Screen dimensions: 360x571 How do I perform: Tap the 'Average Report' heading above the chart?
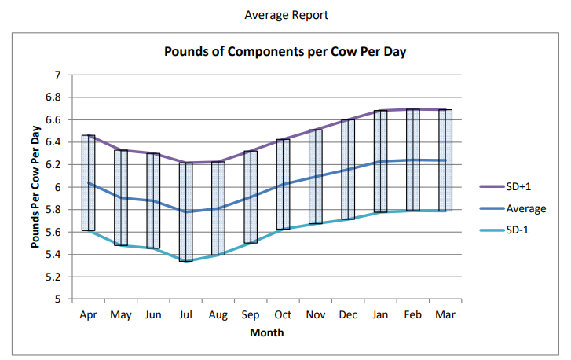(x=286, y=15)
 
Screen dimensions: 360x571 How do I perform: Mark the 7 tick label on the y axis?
(x=57, y=75)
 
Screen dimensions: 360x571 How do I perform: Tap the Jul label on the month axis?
(x=185, y=314)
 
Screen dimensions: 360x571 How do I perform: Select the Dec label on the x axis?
(x=348, y=314)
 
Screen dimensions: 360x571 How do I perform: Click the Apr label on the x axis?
(x=88, y=314)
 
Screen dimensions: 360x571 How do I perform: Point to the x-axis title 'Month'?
(x=267, y=332)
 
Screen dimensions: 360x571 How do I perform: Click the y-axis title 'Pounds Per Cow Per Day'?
(x=36, y=187)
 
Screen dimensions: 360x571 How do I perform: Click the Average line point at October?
(x=284, y=184)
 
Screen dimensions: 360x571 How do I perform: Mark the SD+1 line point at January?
(x=381, y=111)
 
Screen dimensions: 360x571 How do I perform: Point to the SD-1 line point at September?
(x=251, y=243)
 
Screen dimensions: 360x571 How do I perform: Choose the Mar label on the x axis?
(x=445, y=314)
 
